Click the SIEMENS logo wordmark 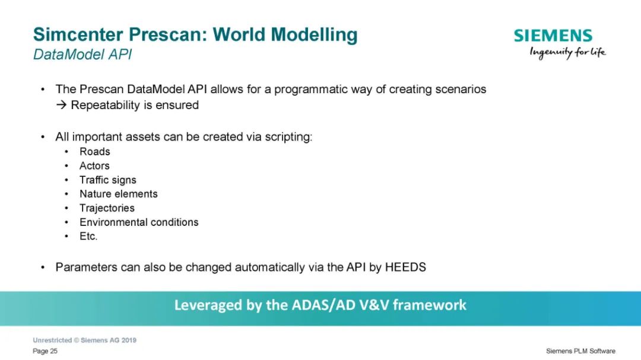point(553,36)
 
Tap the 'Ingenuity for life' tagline point(567,53)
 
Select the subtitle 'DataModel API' point(82,55)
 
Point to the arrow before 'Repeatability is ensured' point(61,105)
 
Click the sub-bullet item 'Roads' point(95,152)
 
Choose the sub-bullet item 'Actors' point(94,166)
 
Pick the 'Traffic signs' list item point(108,180)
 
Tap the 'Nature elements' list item point(119,194)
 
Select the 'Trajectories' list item point(107,208)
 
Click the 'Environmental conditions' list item point(139,222)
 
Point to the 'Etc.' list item point(88,236)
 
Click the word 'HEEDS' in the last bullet point(405,267)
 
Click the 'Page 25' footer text point(45,351)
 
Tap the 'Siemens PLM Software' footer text point(580,351)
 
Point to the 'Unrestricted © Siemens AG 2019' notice point(85,340)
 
